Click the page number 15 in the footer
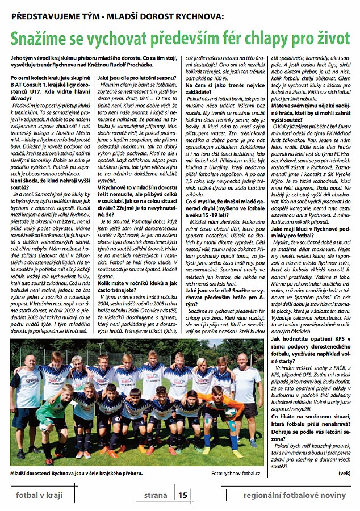(182, 495)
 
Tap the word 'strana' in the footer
(155, 495)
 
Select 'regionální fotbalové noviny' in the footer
(294, 495)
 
